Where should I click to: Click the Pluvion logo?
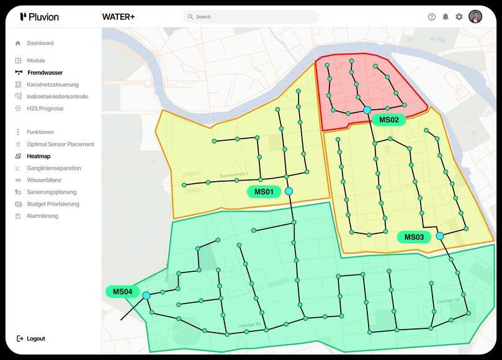point(39,17)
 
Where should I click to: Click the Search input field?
point(251,17)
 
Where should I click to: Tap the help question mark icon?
point(432,17)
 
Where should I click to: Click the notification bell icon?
point(446,17)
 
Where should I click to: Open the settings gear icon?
point(459,17)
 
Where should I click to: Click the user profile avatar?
point(475,17)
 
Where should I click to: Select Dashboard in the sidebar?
point(40,43)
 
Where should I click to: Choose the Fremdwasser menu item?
point(45,73)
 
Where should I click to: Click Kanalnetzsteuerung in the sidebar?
point(52,84)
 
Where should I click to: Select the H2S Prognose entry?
point(45,109)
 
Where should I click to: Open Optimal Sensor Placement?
point(60,145)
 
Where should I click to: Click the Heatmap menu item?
point(38,156)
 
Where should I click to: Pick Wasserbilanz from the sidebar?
point(44,180)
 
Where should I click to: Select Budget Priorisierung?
point(53,204)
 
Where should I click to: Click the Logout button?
point(35,339)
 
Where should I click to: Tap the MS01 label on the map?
point(264,192)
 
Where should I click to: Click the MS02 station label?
point(388,120)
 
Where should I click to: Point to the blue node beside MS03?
point(440,236)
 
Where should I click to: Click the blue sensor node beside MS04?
point(146,295)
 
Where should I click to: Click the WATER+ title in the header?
point(118,17)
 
